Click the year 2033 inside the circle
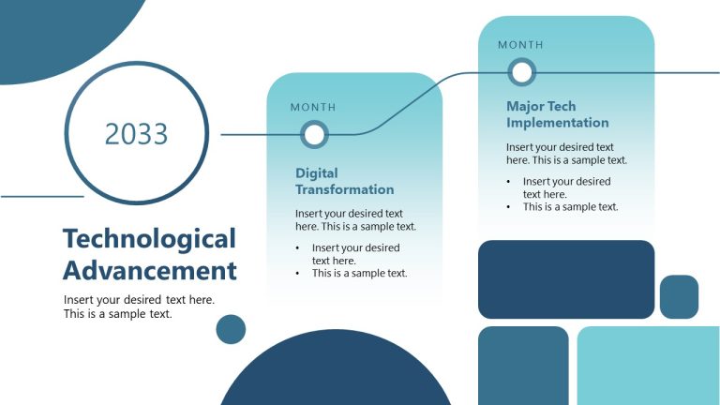pyautogui.click(x=137, y=134)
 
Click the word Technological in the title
pyautogui.click(x=149, y=238)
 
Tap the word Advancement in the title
pyautogui.click(x=149, y=271)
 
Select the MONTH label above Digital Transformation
pyautogui.click(x=313, y=108)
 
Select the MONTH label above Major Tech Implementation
pyautogui.click(x=520, y=45)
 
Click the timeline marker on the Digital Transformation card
pyautogui.click(x=315, y=135)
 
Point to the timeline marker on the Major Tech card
pyautogui.click(x=521, y=72)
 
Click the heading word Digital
pyautogui.click(x=317, y=173)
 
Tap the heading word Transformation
pyautogui.click(x=344, y=189)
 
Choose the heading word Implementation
pyautogui.click(x=557, y=123)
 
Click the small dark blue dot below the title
pyautogui.click(x=231, y=329)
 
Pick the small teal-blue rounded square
pyautogui.click(x=679, y=296)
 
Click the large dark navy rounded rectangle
pyautogui.click(x=565, y=279)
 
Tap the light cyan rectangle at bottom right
pyautogui.click(x=648, y=366)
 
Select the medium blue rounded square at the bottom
pyautogui.click(x=523, y=366)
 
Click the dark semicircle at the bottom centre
pyautogui.click(x=335, y=375)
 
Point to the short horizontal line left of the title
pyautogui.click(x=42, y=197)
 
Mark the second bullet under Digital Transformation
pyautogui.click(x=359, y=274)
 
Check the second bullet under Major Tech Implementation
pyautogui.click(x=570, y=207)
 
